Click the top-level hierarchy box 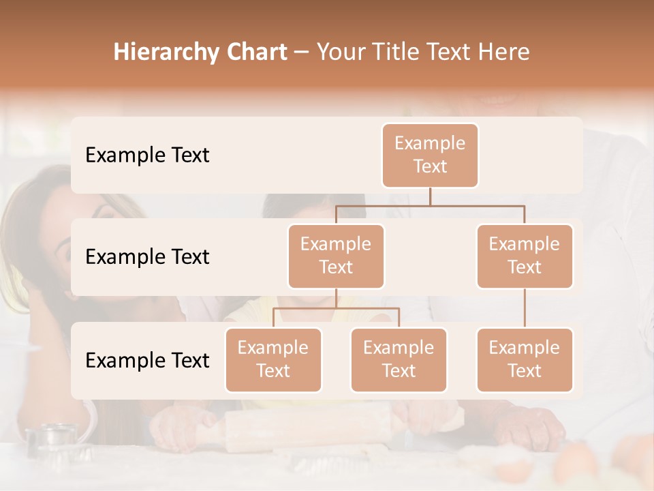[x=430, y=155]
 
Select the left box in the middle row [x=336, y=256]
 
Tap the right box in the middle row [x=525, y=256]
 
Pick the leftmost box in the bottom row [x=273, y=359]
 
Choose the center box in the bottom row [x=399, y=359]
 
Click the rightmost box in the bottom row [x=525, y=359]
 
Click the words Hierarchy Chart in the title [x=200, y=52]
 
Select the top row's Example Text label [x=147, y=155]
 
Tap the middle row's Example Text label [x=147, y=256]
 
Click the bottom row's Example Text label [x=147, y=360]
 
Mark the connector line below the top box [x=430, y=196]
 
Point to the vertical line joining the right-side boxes [x=525, y=308]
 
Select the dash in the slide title [x=302, y=53]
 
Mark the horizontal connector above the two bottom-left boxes [x=336, y=308]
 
